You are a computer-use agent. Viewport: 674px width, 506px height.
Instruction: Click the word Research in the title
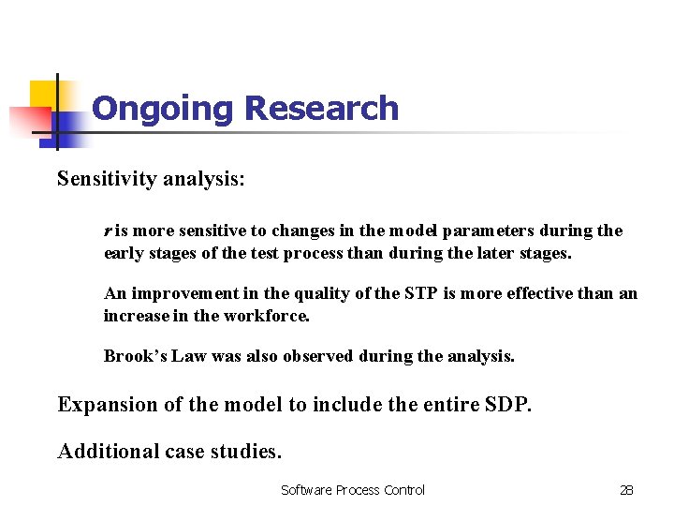pos(321,109)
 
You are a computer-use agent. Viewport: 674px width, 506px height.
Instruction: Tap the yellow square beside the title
pos(47,97)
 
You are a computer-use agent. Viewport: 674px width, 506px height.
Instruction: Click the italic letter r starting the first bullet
pos(108,231)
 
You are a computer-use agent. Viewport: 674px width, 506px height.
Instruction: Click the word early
pos(123,253)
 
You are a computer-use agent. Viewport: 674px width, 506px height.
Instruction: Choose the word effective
pos(544,294)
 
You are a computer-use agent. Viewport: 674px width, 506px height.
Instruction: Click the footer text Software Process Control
pos(353,490)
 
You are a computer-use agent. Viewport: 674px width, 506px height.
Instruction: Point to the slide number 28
pos(626,490)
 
